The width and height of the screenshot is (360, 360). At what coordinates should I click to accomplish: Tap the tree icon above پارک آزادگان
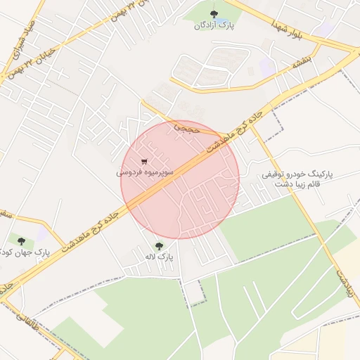pos(214,13)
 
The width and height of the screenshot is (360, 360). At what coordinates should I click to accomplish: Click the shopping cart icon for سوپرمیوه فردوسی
pos(145,160)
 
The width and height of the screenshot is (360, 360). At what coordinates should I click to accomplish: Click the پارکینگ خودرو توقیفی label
pos(300,173)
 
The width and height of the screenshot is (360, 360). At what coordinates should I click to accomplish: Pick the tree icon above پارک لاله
pos(159,246)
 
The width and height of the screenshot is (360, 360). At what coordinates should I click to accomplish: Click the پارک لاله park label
pos(159,258)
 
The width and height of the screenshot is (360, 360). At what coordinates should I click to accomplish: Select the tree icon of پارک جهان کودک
pos(20,240)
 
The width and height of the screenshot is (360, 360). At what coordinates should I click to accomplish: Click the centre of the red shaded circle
pos(180,179)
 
